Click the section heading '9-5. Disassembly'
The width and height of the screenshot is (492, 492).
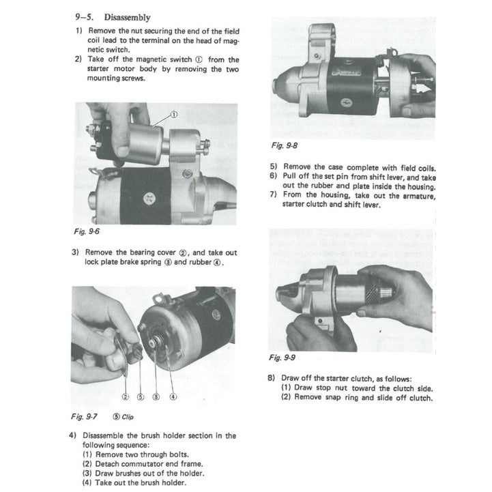click(x=113, y=17)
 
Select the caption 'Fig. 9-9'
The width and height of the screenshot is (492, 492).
click(x=284, y=357)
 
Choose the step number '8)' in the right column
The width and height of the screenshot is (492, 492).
click(x=272, y=379)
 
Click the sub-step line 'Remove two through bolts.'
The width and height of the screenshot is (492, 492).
click(x=141, y=454)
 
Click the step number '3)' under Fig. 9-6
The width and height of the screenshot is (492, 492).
click(x=76, y=252)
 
